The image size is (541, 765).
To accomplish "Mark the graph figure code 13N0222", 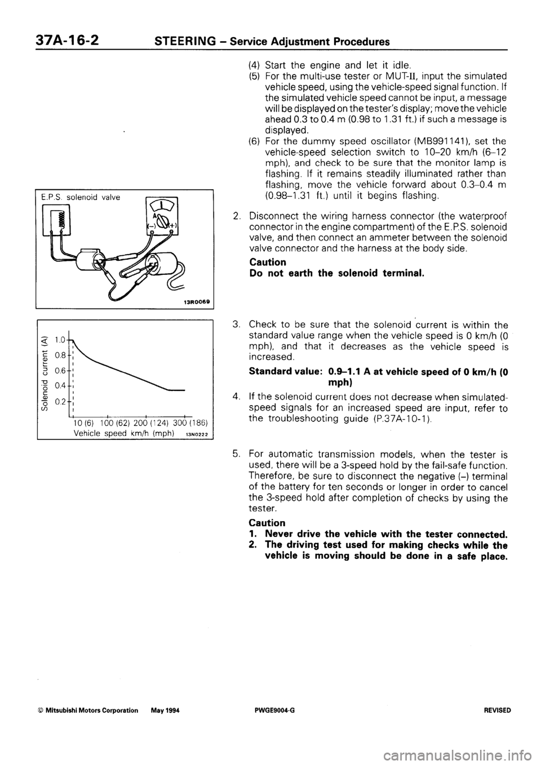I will pyautogui.click(x=194, y=434).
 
